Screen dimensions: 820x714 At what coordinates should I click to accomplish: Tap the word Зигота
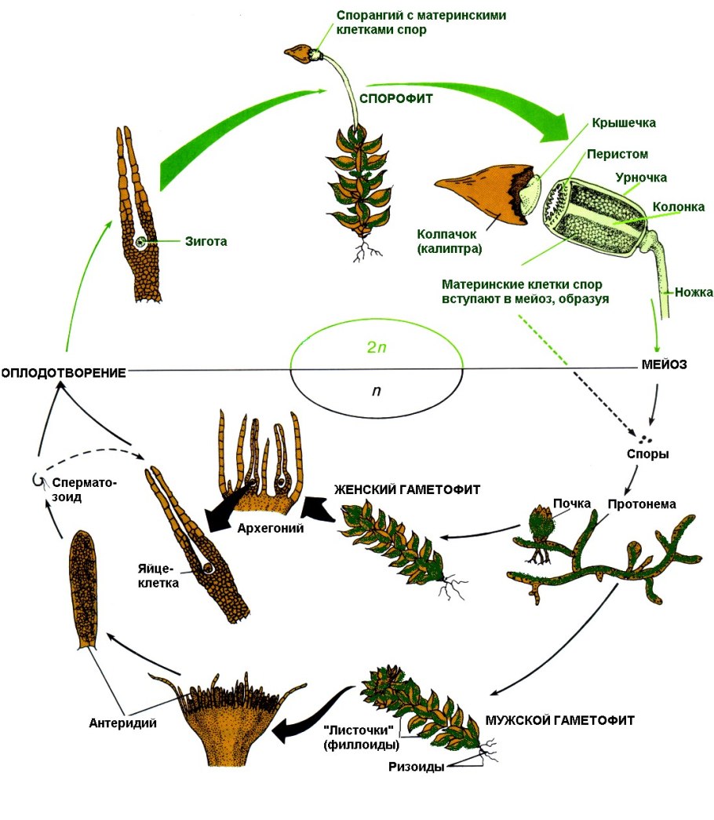[206, 242]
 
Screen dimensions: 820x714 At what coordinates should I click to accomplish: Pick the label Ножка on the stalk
[694, 292]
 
